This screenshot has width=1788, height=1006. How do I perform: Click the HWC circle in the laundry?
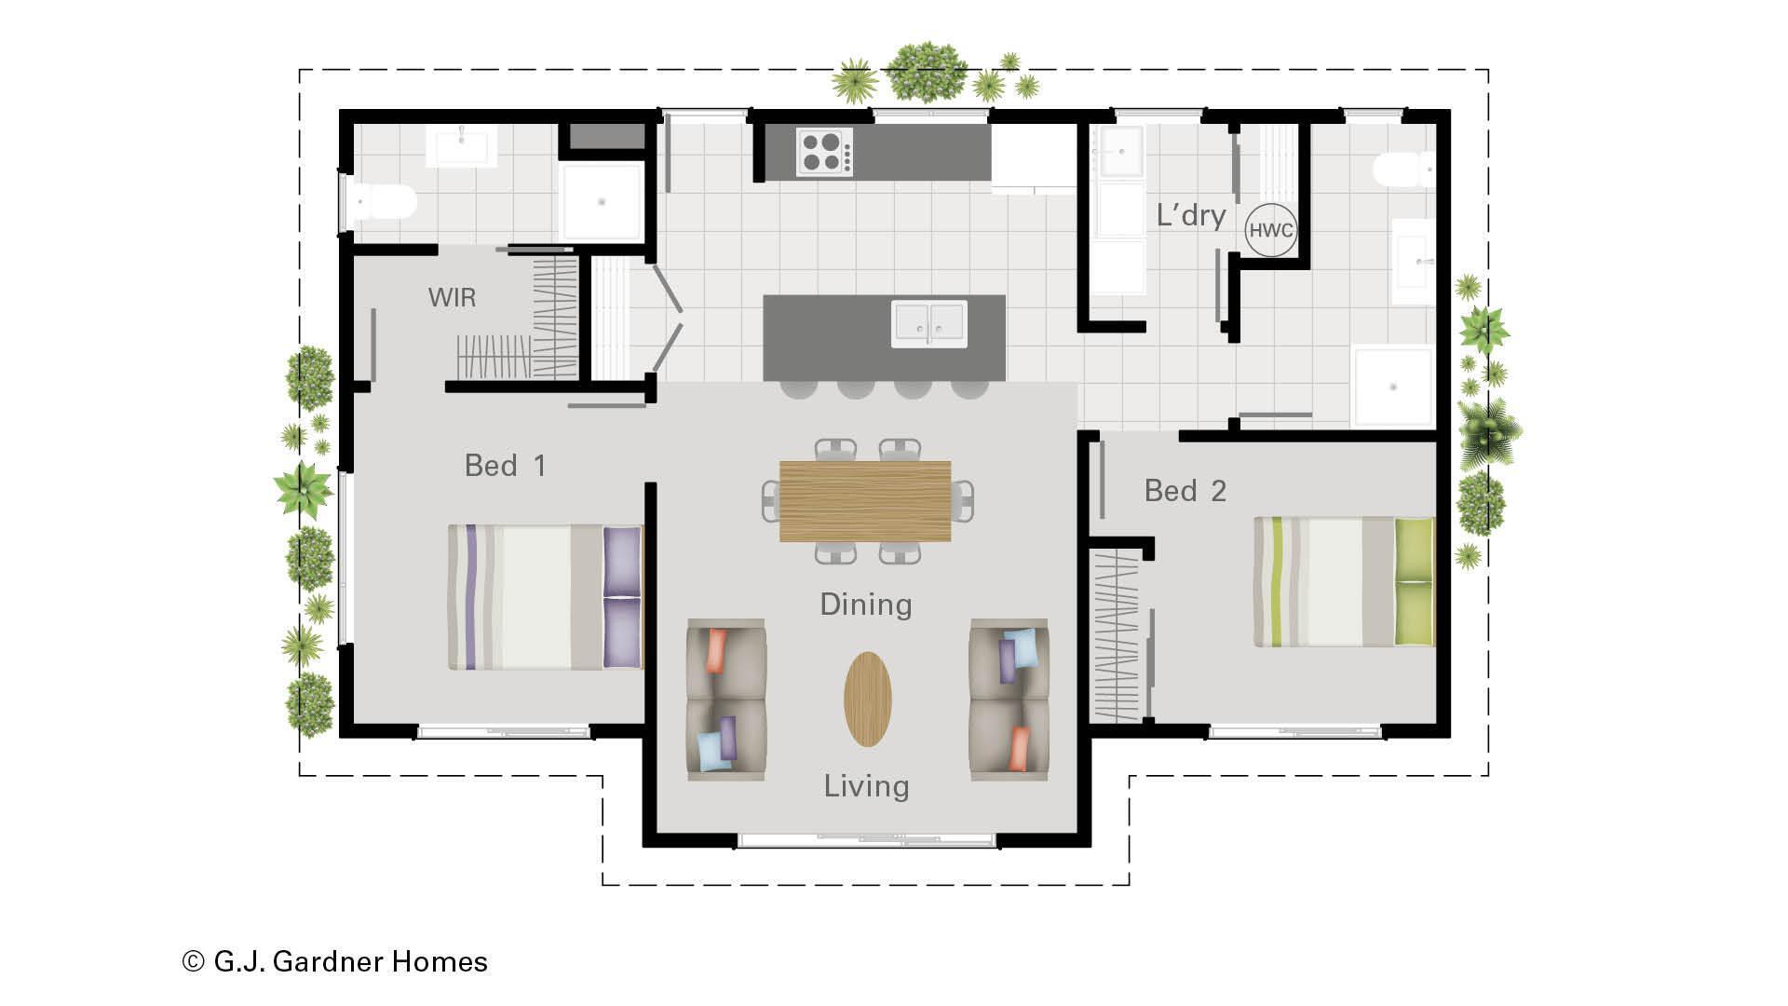[1270, 230]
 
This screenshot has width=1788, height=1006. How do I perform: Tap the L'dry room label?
[1190, 215]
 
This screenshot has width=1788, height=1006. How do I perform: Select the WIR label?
[452, 298]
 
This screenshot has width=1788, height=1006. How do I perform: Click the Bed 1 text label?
[505, 466]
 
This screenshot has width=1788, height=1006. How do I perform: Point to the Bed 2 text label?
[1185, 491]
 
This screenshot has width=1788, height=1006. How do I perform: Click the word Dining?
[865, 605]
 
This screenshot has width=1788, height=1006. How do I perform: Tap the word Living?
[866, 786]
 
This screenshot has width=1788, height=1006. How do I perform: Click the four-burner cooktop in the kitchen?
[824, 153]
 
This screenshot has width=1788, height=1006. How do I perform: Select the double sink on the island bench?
[928, 323]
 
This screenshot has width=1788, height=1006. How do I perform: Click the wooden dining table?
[865, 501]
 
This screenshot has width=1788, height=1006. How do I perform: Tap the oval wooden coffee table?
[867, 699]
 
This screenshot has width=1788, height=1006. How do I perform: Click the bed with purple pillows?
[545, 597]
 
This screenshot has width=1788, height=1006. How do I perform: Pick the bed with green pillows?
[1343, 582]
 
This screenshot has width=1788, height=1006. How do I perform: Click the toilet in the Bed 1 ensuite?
[383, 202]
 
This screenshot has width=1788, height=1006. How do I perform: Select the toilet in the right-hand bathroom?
[1402, 170]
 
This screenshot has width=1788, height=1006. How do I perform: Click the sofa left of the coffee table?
[726, 699]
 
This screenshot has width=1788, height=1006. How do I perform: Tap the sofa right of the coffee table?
[1009, 699]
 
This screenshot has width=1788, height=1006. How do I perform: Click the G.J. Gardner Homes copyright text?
[335, 961]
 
